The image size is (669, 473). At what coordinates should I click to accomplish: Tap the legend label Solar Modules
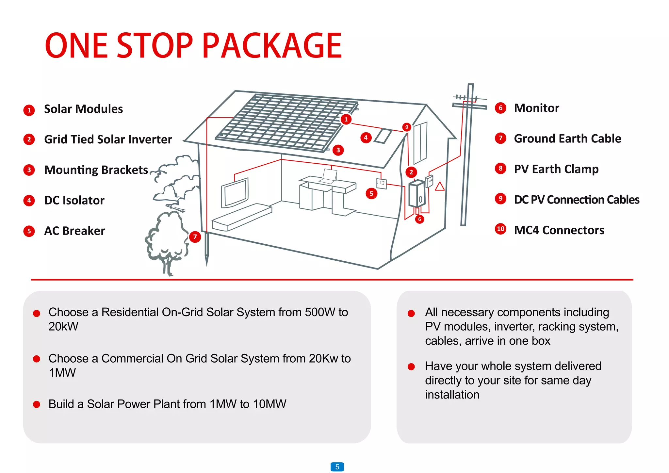click(x=83, y=109)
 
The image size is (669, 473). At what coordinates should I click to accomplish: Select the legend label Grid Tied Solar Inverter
click(x=108, y=139)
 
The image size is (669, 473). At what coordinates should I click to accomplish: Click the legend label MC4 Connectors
click(x=559, y=230)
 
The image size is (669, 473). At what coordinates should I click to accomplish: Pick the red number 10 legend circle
click(x=500, y=229)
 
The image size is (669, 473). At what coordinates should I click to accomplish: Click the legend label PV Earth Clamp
click(x=556, y=169)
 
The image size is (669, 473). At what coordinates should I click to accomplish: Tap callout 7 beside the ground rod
click(x=195, y=237)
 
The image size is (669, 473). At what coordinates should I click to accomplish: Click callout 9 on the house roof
click(x=406, y=127)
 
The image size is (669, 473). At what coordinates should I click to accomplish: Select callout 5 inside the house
click(x=371, y=193)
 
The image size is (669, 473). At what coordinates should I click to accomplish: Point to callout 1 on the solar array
click(x=346, y=119)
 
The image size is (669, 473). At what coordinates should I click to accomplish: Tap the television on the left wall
click(x=235, y=193)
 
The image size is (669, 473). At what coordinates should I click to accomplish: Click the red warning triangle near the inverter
click(x=440, y=187)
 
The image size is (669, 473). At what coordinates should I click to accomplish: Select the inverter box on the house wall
click(x=417, y=194)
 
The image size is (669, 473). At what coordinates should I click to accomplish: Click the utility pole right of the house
click(x=467, y=157)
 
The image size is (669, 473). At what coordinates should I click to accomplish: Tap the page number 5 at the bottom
click(x=337, y=467)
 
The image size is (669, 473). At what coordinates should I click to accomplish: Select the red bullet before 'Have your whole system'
click(x=411, y=367)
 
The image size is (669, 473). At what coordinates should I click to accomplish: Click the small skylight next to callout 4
click(x=383, y=136)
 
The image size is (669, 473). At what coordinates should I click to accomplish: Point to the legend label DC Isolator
click(x=74, y=201)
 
